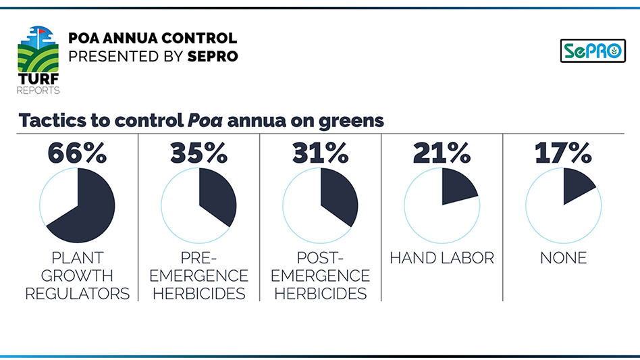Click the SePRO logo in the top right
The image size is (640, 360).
[x=593, y=51]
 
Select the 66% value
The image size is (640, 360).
[x=77, y=153]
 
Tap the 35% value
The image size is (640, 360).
[x=198, y=153]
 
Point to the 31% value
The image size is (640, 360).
[x=320, y=153]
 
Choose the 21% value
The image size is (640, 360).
[x=442, y=153]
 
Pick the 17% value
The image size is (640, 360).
[x=563, y=153]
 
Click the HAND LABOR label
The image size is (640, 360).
[x=442, y=258]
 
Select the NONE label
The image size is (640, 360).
[x=563, y=258]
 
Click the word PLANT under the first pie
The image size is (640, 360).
[x=77, y=258]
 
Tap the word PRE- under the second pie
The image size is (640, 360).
[x=198, y=258]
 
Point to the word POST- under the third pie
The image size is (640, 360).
[x=320, y=258]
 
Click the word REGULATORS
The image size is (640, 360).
[x=77, y=294]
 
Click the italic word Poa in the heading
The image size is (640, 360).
[x=205, y=121]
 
